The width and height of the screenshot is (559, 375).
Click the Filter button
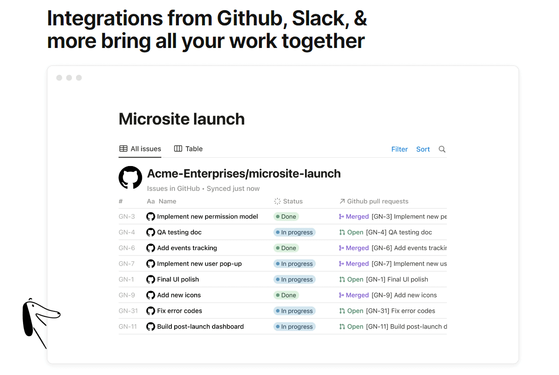pos(399,149)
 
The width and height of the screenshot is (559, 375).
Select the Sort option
pos(423,149)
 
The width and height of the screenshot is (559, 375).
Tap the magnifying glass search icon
pos(442,149)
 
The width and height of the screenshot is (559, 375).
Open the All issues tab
pos(140,149)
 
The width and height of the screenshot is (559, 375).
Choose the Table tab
pos(188,149)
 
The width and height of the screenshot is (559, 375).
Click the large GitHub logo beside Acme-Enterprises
pos(130,178)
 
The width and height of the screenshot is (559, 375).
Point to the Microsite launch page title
pos(182,119)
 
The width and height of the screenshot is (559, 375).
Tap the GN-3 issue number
pos(127,216)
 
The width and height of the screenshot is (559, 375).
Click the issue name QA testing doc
pos(179,232)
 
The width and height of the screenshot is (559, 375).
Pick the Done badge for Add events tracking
pos(286,248)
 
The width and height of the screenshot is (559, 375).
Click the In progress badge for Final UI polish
pos(294,279)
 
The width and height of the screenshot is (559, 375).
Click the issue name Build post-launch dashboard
pos(200,326)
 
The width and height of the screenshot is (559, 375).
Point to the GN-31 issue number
pos(128,310)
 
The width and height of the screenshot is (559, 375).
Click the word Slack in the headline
pos(318,18)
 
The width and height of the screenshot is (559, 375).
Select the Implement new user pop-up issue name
pos(199,263)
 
